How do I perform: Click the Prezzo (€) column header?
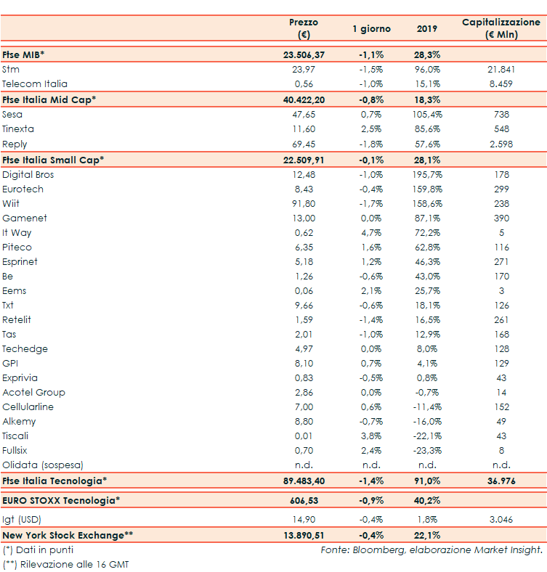303,28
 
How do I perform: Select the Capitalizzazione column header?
501,28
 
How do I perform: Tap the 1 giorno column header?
371,29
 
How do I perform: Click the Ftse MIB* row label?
24,54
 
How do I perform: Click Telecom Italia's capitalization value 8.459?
501,83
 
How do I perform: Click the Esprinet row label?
20,261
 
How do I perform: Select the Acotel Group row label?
33,392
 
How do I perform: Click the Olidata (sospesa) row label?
43,465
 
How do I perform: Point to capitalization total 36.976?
501,481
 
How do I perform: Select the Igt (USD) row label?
23,519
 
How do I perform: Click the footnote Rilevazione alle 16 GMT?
70,564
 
